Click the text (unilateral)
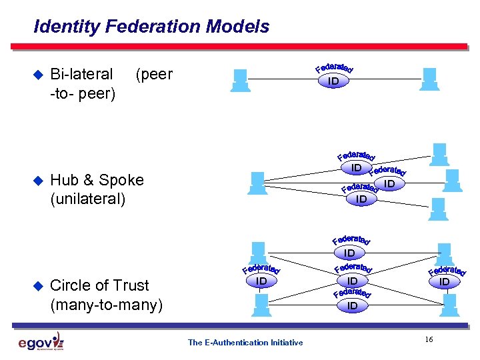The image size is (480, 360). [87, 199]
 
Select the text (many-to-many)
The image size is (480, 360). [106, 305]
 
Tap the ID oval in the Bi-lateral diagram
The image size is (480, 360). [333, 81]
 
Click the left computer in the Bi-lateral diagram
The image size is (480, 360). [239, 79]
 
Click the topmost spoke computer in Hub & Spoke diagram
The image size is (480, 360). [439, 154]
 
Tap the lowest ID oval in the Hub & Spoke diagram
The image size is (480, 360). [361, 199]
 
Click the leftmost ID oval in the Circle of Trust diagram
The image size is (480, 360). [261, 282]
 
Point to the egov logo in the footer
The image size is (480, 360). [41, 342]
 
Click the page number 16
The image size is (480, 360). [429, 340]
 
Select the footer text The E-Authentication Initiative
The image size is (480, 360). [245, 343]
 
